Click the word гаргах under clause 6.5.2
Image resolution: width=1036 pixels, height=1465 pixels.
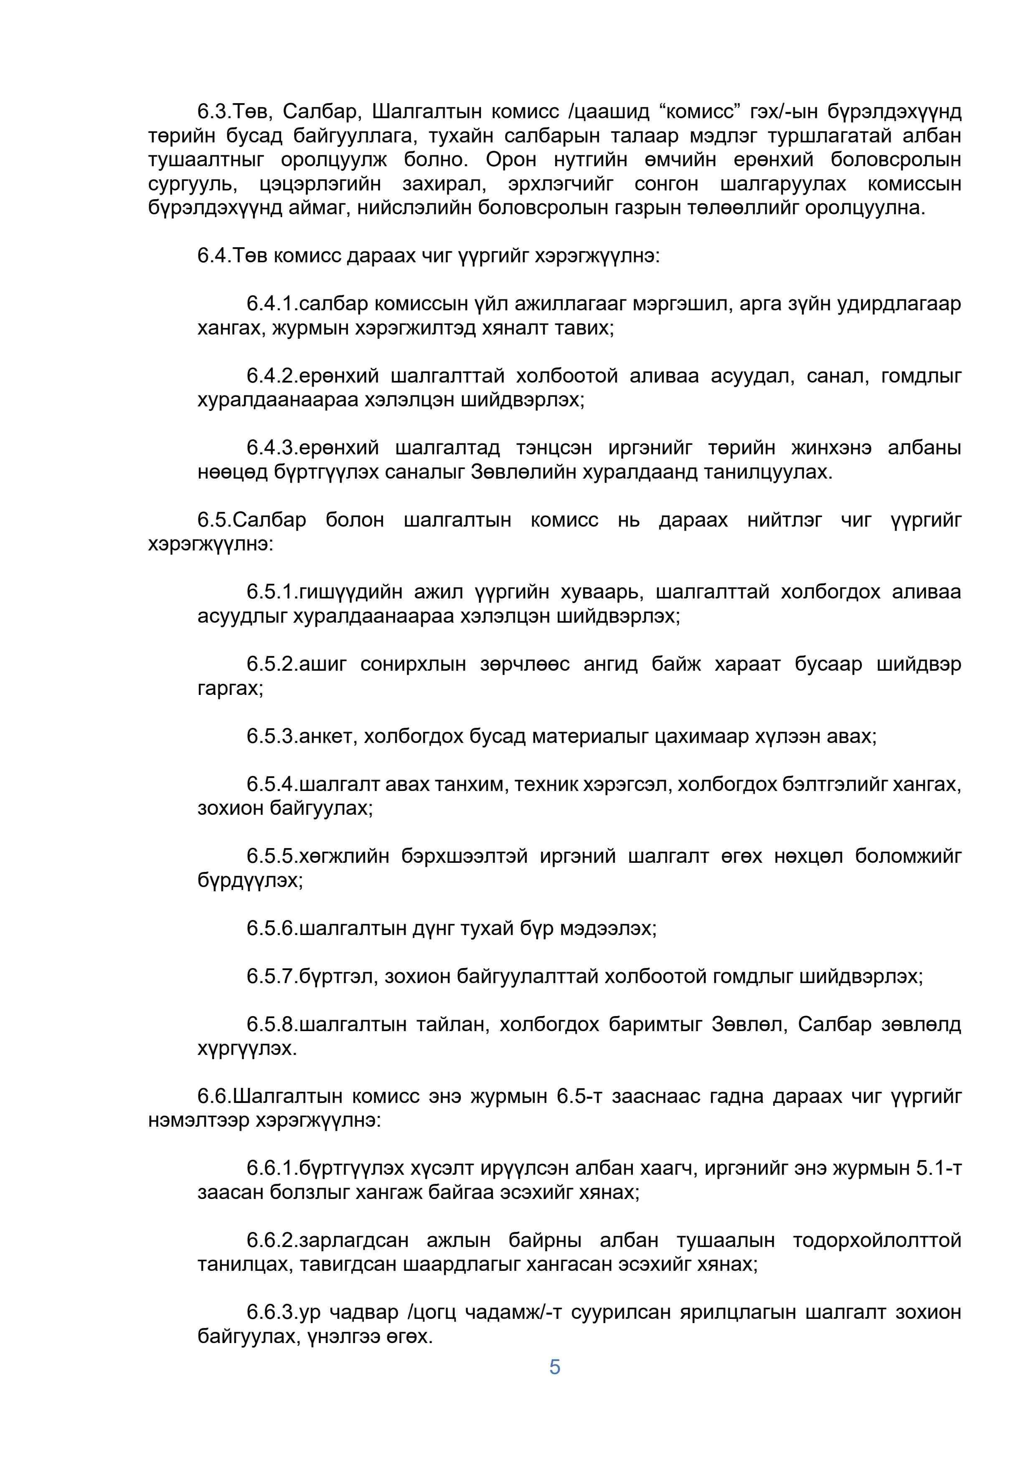230,689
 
